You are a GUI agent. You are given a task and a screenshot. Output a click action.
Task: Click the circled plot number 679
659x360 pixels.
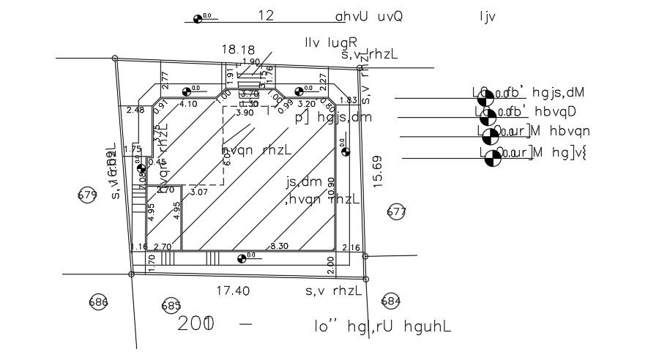(x=87, y=195)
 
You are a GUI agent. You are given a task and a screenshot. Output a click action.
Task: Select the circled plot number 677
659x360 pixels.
(x=396, y=212)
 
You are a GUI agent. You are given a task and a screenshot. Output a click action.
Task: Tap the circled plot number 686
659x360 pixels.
(x=98, y=302)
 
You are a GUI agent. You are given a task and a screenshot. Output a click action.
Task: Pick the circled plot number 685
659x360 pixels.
(x=171, y=305)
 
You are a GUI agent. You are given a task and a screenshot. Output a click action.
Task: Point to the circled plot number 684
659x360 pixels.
(x=391, y=301)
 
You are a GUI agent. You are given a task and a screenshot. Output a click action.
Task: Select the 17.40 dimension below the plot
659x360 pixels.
(x=233, y=290)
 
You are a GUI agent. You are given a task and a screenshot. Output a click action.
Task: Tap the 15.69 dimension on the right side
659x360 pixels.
(x=378, y=170)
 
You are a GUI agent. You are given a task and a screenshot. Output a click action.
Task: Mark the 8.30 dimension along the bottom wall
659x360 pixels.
(x=279, y=247)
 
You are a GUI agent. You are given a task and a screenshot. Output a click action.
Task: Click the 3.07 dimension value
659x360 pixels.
(x=199, y=192)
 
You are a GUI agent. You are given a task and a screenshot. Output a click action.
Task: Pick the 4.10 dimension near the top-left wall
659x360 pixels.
(x=188, y=104)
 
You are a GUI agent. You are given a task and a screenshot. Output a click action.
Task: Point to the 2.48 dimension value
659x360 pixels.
(x=135, y=110)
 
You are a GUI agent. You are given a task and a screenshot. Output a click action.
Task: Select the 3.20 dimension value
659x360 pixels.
(x=306, y=104)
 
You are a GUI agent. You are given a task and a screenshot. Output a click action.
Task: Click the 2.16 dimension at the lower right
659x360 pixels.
(x=351, y=248)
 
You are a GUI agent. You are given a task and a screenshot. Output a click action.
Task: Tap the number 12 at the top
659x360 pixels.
(x=266, y=15)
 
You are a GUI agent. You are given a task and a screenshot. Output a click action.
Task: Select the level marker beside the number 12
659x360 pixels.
(x=198, y=19)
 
